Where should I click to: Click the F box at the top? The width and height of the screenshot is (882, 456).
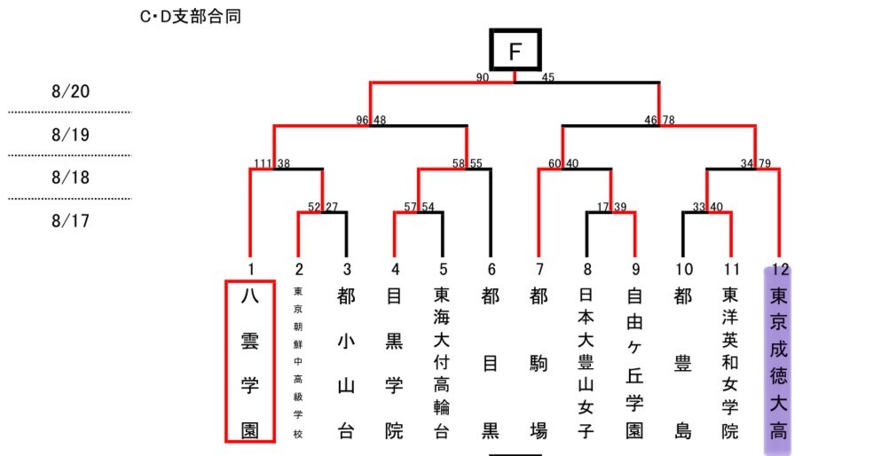(x=515, y=51)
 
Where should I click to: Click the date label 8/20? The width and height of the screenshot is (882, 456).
(x=71, y=91)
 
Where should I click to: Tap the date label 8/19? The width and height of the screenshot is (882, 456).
(x=71, y=135)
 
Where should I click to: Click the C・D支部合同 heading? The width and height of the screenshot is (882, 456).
(x=191, y=17)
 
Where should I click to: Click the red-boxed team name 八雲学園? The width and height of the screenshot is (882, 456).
(x=250, y=362)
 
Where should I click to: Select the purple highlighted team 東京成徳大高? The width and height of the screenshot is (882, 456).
(x=778, y=362)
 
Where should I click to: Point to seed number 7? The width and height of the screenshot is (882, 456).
(x=538, y=268)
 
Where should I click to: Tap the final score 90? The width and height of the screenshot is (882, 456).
(x=483, y=78)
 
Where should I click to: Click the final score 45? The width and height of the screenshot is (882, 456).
(x=547, y=78)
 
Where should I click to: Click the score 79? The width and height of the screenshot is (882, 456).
(x=763, y=164)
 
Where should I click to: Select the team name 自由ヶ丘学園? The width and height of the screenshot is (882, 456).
(x=634, y=362)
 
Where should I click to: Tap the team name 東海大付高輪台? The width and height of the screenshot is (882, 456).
(x=441, y=362)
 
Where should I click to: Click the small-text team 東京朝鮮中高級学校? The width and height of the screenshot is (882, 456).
(x=298, y=362)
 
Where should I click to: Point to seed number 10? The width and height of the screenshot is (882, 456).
(x=681, y=268)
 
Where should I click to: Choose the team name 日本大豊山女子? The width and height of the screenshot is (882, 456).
(x=586, y=362)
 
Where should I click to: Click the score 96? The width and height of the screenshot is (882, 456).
(x=362, y=121)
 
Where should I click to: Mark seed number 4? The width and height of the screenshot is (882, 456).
(x=394, y=268)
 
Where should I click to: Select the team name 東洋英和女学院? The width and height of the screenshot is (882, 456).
(x=729, y=362)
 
